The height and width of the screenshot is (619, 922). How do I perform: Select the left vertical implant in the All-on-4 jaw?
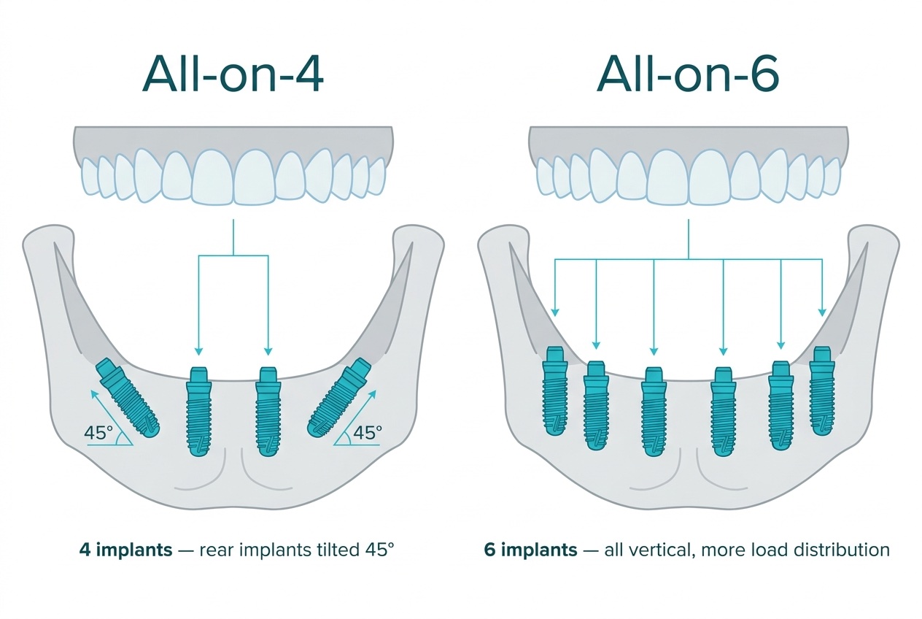(199, 411)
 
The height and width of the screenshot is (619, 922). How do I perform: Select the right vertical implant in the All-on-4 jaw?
(268, 411)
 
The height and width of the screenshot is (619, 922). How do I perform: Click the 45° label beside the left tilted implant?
(98, 433)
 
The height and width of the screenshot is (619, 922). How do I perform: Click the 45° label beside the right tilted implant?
(368, 433)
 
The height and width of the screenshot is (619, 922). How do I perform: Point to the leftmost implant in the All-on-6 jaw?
(555, 391)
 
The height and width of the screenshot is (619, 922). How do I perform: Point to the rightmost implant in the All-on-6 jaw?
(822, 391)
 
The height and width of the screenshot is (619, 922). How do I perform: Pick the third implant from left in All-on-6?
(654, 412)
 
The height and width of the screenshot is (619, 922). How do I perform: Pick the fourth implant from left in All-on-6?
(723, 412)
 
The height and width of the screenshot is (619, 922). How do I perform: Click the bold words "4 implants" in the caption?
(126, 550)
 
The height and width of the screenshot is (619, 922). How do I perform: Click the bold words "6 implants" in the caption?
(530, 550)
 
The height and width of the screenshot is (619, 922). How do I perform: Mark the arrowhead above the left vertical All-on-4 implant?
(199, 351)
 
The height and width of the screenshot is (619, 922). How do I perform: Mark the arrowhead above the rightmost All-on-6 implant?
(822, 312)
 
